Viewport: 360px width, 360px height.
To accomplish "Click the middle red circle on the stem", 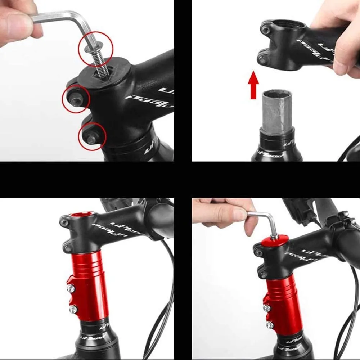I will [76, 99].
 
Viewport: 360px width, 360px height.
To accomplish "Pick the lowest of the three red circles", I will [92, 136].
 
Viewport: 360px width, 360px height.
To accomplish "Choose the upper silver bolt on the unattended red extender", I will [71, 288].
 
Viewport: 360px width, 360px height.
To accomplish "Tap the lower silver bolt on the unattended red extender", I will [73, 309].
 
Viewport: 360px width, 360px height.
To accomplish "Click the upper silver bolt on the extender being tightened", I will [267, 308].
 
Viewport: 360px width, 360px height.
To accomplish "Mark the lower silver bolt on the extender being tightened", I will [269, 325].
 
